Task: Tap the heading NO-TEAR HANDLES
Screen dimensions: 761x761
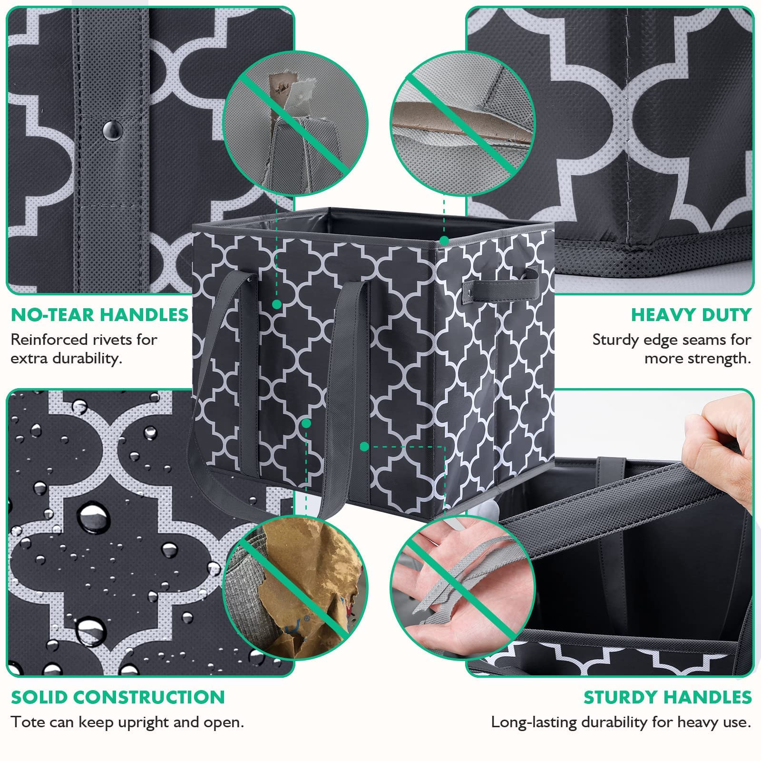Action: [100, 315]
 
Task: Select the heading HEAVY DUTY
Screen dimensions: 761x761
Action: [691, 315]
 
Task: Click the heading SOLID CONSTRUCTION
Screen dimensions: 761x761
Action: [118, 697]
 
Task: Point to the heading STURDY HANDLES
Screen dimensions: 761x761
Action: [667, 697]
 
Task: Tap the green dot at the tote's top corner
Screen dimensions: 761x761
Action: [444, 240]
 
